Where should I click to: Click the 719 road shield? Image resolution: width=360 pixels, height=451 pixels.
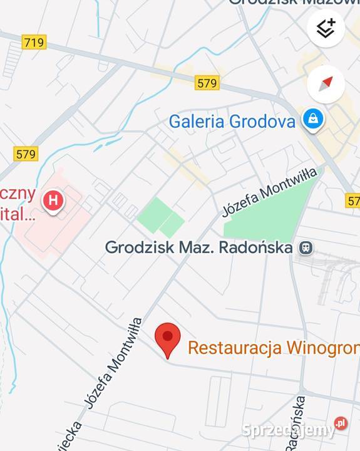(33, 43)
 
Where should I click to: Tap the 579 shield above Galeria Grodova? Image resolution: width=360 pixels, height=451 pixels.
(207, 83)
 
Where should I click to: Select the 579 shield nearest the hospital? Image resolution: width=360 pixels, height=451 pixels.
(26, 153)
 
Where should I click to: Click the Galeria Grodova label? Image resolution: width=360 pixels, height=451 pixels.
(232, 121)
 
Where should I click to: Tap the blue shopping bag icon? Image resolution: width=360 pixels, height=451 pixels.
(312, 118)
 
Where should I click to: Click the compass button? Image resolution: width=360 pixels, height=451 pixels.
(326, 83)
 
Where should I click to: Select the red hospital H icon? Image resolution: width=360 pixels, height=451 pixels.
(53, 201)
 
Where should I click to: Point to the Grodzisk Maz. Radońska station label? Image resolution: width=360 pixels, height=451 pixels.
(198, 247)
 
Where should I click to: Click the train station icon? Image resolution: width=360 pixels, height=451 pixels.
(306, 248)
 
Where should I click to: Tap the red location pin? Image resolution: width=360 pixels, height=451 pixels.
(167, 338)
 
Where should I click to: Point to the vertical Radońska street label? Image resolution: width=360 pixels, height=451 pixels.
(296, 423)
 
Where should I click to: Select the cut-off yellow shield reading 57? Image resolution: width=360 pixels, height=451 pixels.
(353, 201)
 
